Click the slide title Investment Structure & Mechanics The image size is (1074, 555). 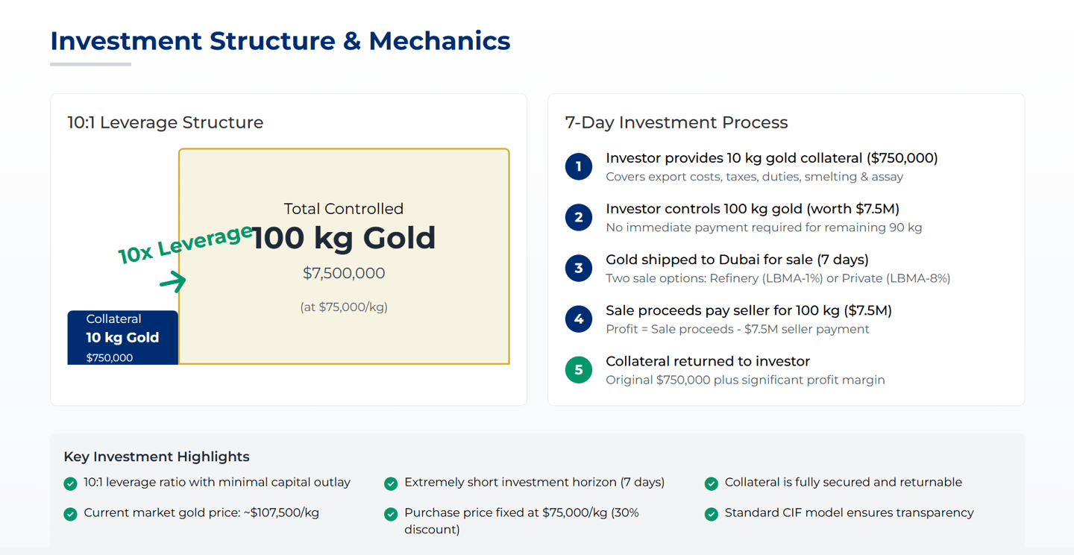tap(280, 41)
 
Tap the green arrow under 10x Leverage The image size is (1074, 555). tap(173, 281)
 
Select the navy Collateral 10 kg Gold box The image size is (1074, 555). tap(123, 338)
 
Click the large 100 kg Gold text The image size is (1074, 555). tap(344, 239)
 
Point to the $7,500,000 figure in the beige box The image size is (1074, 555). tap(344, 273)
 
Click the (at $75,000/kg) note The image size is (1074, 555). tap(344, 307)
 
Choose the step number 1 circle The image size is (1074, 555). tap(579, 166)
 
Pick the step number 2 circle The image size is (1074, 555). tap(579, 217)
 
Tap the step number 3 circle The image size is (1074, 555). tap(579, 268)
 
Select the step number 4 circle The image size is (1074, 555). tap(579, 319)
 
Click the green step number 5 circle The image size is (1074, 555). tap(579, 370)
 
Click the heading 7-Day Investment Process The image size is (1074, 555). tap(676, 123)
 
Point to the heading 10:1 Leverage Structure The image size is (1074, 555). tap(166, 123)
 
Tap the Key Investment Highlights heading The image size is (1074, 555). tap(157, 457)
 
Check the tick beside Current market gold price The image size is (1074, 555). tap(70, 514)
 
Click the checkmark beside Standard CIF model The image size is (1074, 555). tap(712, 514)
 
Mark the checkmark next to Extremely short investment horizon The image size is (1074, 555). tap(391, 483)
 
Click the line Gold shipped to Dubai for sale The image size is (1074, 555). tap(737, 260)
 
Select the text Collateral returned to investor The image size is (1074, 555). tap(708, 361)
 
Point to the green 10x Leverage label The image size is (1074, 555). tap(186, 244)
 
